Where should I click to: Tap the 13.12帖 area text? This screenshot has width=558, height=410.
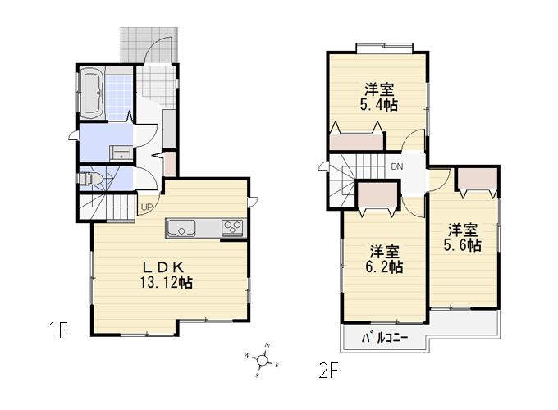[168, 282]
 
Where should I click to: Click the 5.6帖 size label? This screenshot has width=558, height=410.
[464, 244]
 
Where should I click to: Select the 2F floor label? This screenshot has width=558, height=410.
[328, 371]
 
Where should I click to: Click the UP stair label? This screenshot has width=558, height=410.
[145, 206]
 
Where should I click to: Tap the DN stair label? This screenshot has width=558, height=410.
[397, 167]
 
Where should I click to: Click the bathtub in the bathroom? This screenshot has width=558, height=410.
[91, 93]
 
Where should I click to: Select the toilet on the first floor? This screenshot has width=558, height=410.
[90, 178]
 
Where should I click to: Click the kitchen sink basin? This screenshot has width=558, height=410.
[182, 228]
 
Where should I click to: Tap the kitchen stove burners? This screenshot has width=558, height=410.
[231, 227]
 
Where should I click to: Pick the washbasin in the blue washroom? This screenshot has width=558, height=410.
[120, 151]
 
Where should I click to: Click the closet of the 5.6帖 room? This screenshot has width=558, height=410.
[478, 179]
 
